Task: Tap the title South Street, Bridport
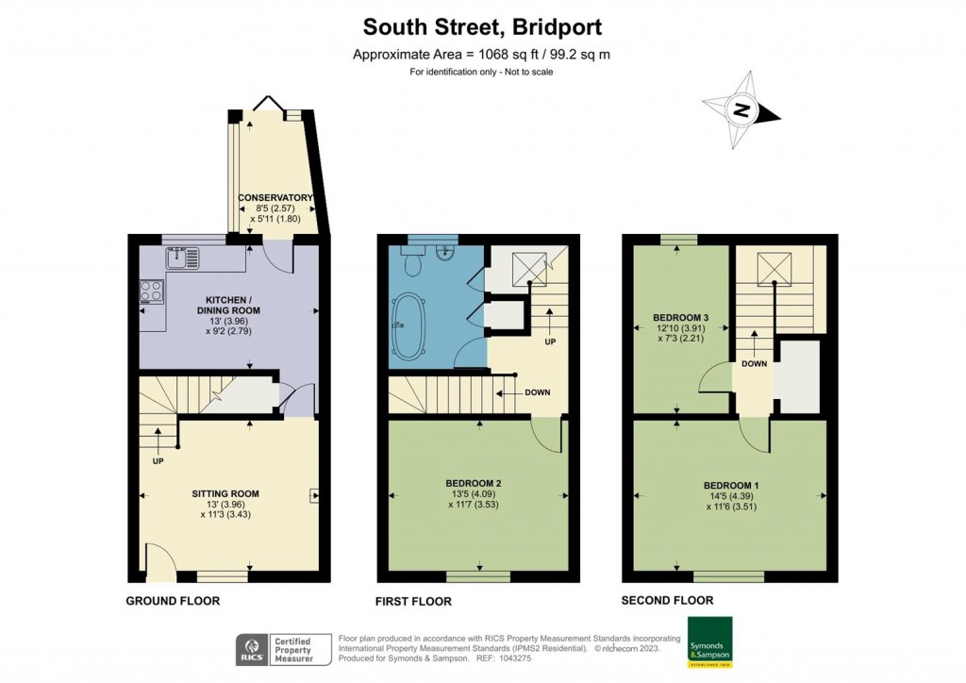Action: tap(482, 25)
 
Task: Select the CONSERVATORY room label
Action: tap(275, 197)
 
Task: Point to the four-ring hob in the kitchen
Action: tap(151, 292)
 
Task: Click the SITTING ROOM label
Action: tap(225, 493)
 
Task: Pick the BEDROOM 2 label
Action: tap(473, 484)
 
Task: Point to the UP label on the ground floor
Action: tap(158, 462)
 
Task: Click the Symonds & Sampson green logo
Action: tap(709, 642)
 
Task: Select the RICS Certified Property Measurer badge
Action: tap(283, 650)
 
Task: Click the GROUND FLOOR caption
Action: tap(174, 600)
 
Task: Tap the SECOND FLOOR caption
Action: tap(667, 600)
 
